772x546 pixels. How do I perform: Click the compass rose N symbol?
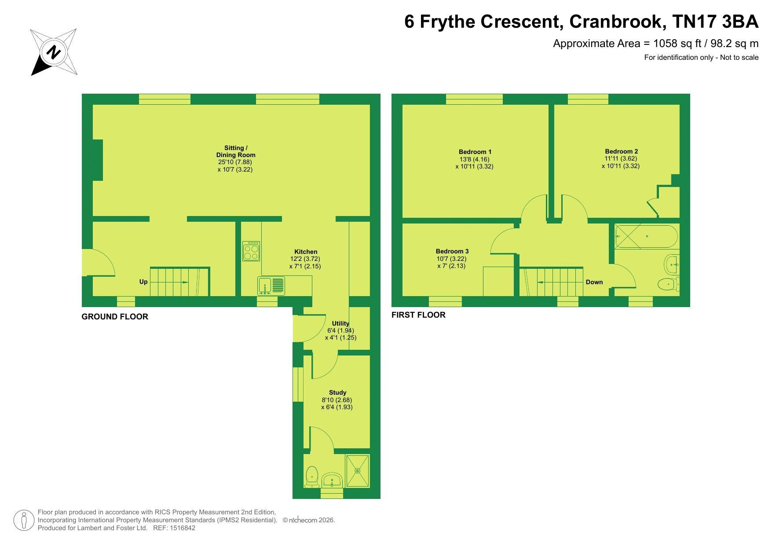point(54,52)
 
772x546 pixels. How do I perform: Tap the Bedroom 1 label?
point(475,152)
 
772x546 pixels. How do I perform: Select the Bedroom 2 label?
point(621,151)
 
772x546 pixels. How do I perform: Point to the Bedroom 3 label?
point(452,252)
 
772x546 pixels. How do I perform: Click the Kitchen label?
point(306,252)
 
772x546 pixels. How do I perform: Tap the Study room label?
point(337,392)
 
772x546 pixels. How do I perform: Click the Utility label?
point(340,323)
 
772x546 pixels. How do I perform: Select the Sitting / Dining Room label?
point(236,151)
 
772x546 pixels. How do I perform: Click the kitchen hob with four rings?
point(251,251)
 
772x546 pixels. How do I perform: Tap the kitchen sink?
point(271,286)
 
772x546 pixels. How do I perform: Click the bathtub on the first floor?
point(646,236)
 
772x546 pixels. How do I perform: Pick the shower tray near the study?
point(357,471)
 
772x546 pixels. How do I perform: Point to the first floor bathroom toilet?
point(669,284)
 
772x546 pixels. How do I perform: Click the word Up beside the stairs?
point(143,282)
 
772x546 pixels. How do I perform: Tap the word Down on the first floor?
point(594,282)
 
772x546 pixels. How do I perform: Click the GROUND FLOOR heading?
point(115,317)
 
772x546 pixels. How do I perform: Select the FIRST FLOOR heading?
point(418,315)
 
